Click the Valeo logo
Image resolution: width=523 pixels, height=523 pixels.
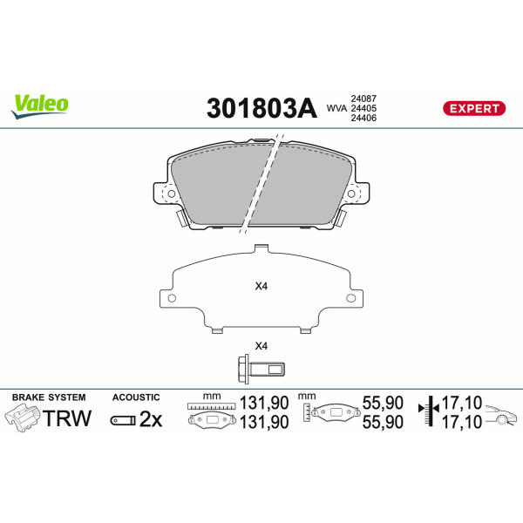click(39, 106)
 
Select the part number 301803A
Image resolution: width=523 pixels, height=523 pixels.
click(261, 108)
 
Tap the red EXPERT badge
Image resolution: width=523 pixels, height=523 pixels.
click(474, 108)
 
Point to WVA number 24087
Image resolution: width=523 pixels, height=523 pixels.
click(363, 98)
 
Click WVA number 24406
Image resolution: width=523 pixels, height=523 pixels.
click(363, 118)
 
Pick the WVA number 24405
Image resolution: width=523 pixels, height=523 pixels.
click(363, 108)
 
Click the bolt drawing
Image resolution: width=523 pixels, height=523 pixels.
click(261, 369)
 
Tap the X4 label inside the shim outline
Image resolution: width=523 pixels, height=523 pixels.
click(261, 286)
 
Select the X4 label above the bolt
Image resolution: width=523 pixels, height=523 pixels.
click(261, 346)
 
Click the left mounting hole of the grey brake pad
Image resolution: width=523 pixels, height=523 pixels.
click(171, 194)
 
